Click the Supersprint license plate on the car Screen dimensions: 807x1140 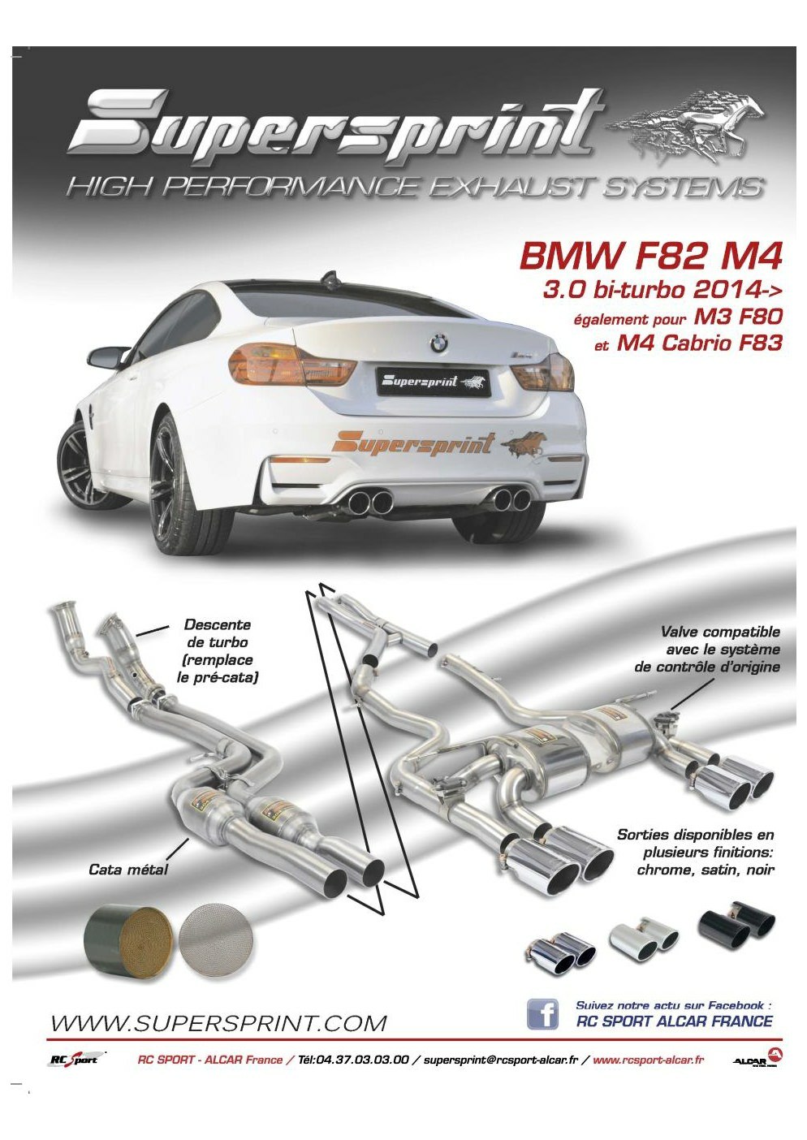coord(433,381)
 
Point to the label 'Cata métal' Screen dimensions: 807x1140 coord(128,870)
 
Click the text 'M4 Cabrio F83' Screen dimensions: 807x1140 coord(700,343)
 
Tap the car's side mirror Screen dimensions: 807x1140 coord(108,360)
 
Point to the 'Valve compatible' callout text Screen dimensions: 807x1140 coord(708,649)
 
